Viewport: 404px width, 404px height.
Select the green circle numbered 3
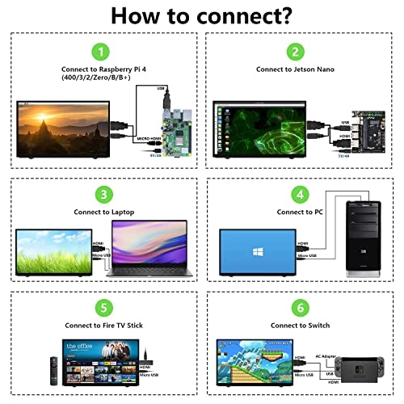point(100,195)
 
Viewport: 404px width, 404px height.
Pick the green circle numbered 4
point(301,194)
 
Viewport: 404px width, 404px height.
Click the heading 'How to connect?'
point(201,15)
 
